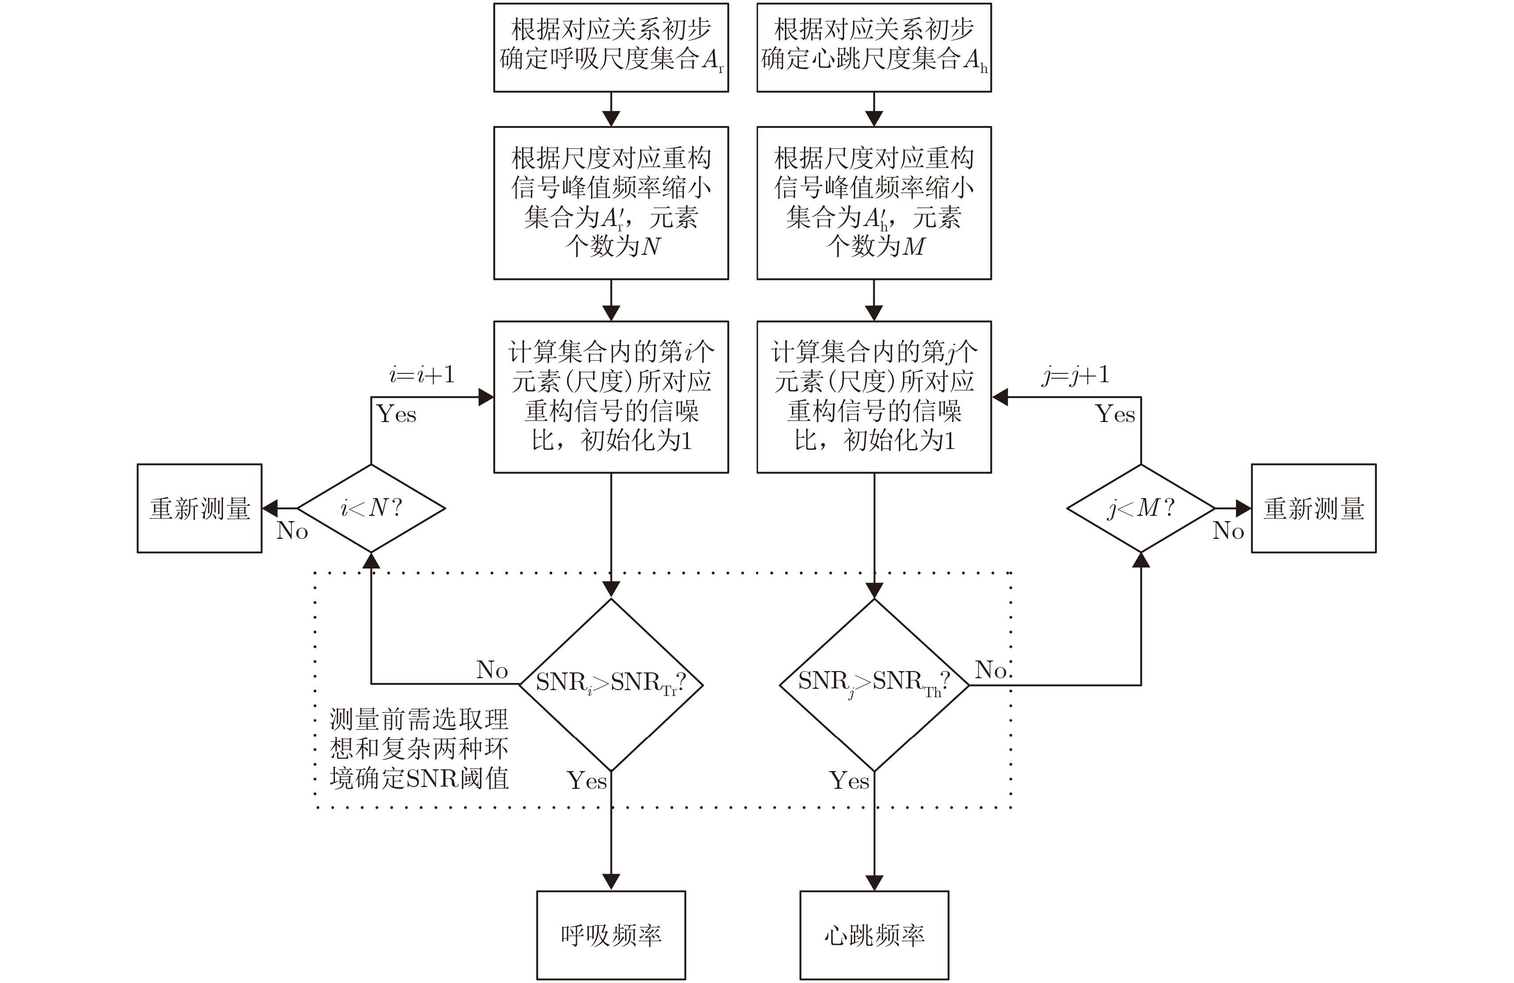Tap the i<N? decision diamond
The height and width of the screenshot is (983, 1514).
click(x=371, y=508)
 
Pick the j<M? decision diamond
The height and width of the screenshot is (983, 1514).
click(x=1141, y=508)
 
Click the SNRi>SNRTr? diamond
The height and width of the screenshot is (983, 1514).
click(x=611, y=684)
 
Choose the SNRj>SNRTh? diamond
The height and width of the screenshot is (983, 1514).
click(x=874, y=684)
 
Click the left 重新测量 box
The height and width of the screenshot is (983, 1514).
click(x=199, y=508)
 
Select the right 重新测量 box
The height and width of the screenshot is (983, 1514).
click(x=1314, y=508)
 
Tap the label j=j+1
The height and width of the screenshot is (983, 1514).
click(x=1076, y=375)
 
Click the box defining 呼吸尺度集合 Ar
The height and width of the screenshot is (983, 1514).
click(x=611, y=47)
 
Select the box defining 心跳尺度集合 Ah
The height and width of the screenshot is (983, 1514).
click(x=874, y=47)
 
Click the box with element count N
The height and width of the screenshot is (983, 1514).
click(x=611, y=202)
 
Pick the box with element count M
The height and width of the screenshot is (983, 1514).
click(x=874, y=202)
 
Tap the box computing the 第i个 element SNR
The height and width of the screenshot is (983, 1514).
click(x=611, y=396)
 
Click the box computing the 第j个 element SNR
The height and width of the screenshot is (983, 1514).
click(x=874, y=396)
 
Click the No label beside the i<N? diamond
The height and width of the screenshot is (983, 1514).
click(x=292, y=530)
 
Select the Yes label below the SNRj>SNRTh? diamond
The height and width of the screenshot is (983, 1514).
click(x=849, y=781)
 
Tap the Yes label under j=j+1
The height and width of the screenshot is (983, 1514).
click(x=1115, y=414)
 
